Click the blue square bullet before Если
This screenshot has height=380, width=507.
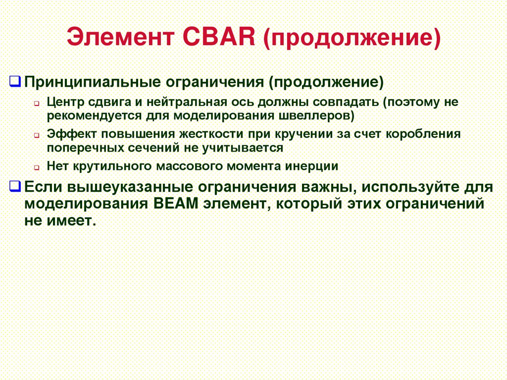coord(15,186)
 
